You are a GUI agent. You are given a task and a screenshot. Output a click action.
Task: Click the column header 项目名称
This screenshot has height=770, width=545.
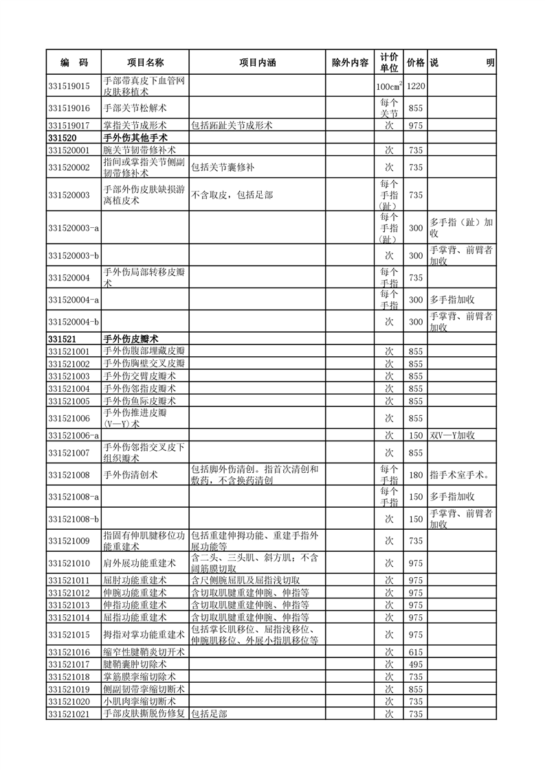tap(145, 62)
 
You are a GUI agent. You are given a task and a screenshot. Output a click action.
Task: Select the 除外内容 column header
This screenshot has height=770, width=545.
tap(350, 62)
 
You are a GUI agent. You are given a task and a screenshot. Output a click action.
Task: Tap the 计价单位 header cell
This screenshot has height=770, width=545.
tap(389, 62)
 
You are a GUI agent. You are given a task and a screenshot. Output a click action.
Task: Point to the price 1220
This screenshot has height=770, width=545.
tap(416, 86)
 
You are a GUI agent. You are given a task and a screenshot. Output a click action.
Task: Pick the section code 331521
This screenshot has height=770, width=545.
tap(61, 339)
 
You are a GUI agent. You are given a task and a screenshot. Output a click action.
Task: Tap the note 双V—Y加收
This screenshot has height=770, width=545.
tap(453, 435)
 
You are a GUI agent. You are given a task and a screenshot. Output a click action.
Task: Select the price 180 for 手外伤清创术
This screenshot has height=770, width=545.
tap(416, 475)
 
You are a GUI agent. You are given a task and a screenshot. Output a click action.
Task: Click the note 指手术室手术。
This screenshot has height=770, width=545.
tap(459, 475)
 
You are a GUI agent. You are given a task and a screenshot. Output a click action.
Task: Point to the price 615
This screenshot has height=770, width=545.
tap(416, 651)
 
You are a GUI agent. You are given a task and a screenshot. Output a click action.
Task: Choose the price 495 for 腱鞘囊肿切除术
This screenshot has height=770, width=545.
tap(416, 664)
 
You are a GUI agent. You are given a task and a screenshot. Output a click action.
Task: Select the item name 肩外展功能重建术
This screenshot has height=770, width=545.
tap(140, 563)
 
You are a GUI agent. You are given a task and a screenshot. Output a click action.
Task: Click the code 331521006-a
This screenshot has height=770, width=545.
tap(74, 435)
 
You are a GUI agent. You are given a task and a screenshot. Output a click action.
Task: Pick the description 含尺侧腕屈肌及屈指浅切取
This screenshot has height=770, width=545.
tap(245, 581)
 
